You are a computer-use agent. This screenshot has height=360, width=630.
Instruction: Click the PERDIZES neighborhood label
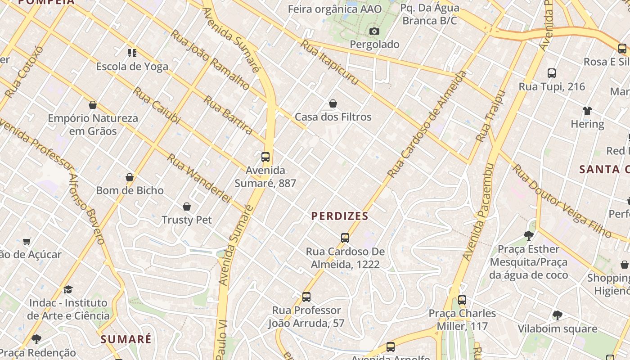[x=340, y=216]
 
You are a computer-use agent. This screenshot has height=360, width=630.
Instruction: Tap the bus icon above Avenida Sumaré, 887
[x=265, y=157]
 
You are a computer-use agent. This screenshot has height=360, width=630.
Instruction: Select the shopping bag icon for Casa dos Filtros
[x=333, y=104]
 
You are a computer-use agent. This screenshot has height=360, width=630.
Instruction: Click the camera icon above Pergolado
[x=374, y=31]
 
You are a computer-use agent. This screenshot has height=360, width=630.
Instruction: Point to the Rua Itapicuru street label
[x=329, y=62]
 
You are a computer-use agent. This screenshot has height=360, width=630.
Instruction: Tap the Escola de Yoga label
[x=132, y=67]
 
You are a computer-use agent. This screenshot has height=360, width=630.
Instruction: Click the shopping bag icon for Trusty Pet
[x=187, y=207]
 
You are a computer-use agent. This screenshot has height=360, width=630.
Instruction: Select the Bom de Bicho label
[x=130, y=190]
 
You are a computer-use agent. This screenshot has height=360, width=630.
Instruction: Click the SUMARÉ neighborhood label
[x=126, y=339]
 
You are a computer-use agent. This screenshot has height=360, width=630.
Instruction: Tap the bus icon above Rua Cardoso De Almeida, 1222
[x=345, y=238]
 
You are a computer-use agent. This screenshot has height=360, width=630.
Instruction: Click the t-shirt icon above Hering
[x=587, y=111]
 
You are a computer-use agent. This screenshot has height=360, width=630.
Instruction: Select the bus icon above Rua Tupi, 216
[x=552, y=73]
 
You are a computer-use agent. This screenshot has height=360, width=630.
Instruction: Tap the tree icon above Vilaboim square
[x=557, y=315]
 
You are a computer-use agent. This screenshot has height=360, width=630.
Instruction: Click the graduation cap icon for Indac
[x=68, y=289]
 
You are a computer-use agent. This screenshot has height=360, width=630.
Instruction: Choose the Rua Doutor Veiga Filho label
[x=562, y=201]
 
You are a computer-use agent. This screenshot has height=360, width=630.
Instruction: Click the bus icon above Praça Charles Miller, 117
[x=462, y=300]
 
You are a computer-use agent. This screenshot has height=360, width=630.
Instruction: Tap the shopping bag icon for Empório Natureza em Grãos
[x=93, y=105]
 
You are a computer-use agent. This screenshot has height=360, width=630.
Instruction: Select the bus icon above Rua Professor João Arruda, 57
[x=306, y=297]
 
